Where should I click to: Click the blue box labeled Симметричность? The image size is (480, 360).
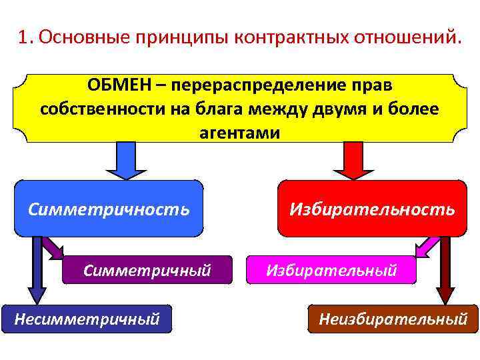pos(109,209)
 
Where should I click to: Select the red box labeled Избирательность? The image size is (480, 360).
pos(372,209)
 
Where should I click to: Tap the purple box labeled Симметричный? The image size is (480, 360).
pos(147,270)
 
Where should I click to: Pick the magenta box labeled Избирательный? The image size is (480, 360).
pos(331,270)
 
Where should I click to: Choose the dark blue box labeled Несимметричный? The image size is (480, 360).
pos(87,319)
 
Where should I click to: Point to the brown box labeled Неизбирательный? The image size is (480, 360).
pos(393,319)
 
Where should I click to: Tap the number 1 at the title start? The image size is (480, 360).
pos(24,37)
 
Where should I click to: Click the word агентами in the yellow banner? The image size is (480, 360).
pos(239,133)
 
